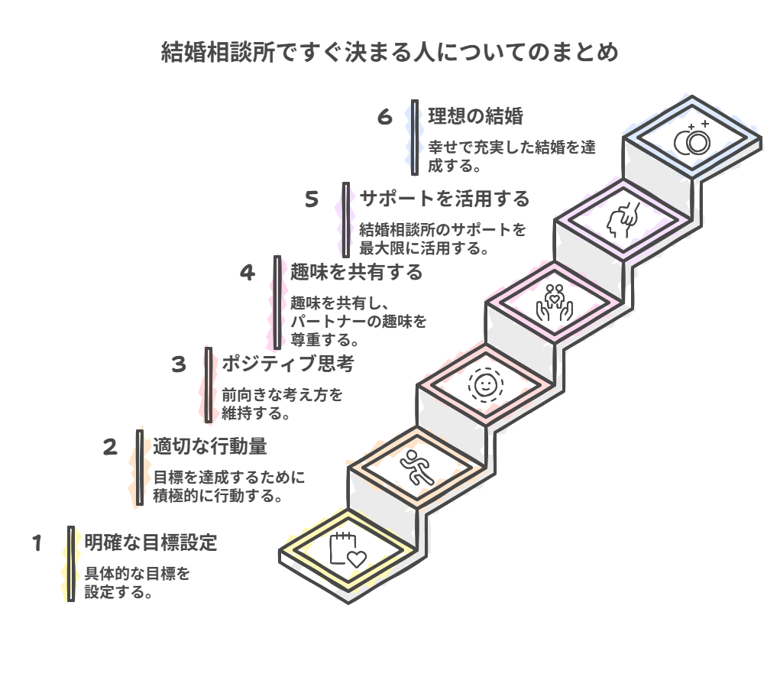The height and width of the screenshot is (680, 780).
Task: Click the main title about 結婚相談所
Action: pos(390,52)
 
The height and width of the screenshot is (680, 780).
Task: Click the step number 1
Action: pos(37,543)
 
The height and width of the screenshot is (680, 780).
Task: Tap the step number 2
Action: pos(110,447)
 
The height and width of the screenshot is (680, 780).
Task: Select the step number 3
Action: pos(179,364)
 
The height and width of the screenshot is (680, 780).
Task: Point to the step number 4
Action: pos(248,273)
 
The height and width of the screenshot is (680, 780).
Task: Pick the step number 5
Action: pos(312,199)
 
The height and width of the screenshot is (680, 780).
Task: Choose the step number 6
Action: pos(384,117)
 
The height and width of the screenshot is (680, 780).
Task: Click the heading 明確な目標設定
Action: pos(150,542)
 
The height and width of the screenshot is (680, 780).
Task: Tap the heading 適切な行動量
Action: pos(210,446)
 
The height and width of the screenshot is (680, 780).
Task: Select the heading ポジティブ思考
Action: pos(288,364)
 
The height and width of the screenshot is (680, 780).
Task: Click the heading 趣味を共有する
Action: pos(357,272)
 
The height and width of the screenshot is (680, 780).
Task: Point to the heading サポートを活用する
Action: pos(445,199)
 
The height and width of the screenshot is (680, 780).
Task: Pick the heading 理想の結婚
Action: pos(475,116)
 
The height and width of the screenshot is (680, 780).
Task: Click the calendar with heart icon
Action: pos(348,549)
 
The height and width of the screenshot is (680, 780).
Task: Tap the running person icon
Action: pos(417,468)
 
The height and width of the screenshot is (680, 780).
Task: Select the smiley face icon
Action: pos(486,384)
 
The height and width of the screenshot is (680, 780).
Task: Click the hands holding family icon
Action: pos(554,303)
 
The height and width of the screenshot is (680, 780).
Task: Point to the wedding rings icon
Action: pos(692,138)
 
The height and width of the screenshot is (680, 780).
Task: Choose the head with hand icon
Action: pos(623,220)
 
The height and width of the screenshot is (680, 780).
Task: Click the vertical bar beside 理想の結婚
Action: pos(415,138)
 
